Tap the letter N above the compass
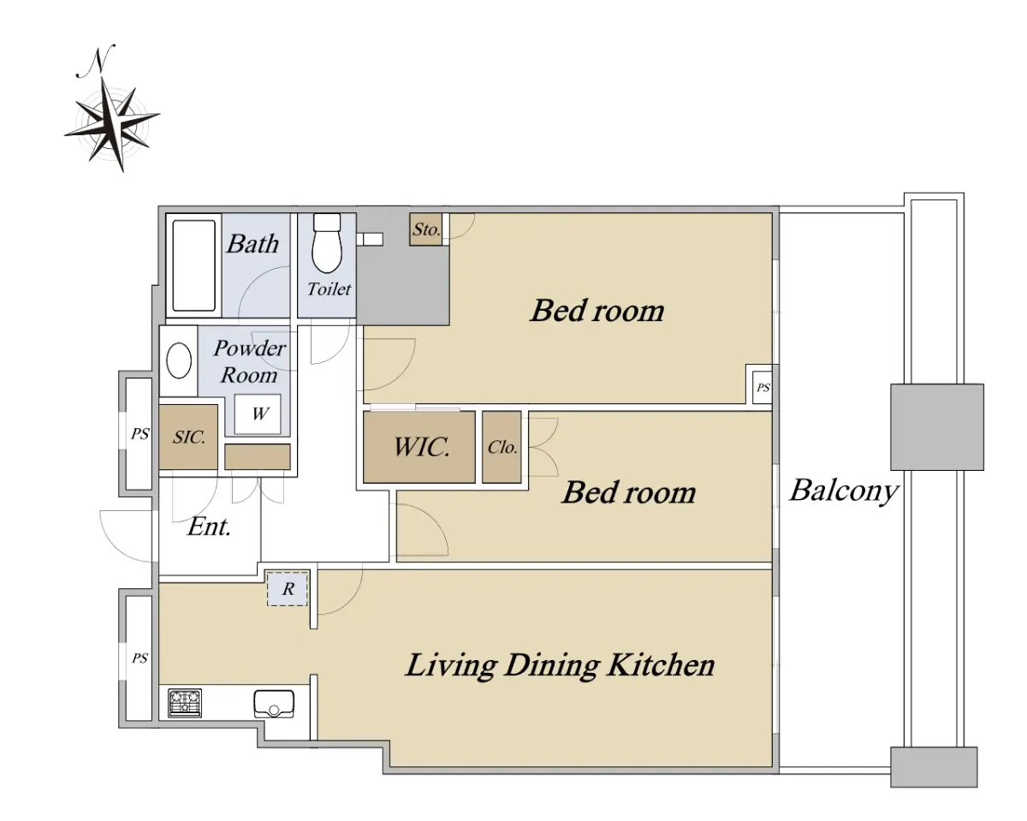[97, 61]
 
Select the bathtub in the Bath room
[193, 266]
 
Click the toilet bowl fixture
[327, 243]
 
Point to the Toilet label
[329, 289]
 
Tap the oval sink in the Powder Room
[179, 361]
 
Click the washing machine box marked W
[258, 413]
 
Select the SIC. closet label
[189, 437]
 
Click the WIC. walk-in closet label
[421, 447]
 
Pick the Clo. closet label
[502, 447]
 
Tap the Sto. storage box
[425, 229]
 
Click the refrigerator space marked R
[288, 589]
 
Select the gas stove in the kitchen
[185, 703]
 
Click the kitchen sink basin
[274, 704]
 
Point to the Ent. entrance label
[209, 527]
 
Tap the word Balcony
[844, 491]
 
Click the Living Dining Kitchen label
[560, 665]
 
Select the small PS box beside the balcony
[763, 388]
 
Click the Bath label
[253, 244]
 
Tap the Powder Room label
[249, 362]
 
